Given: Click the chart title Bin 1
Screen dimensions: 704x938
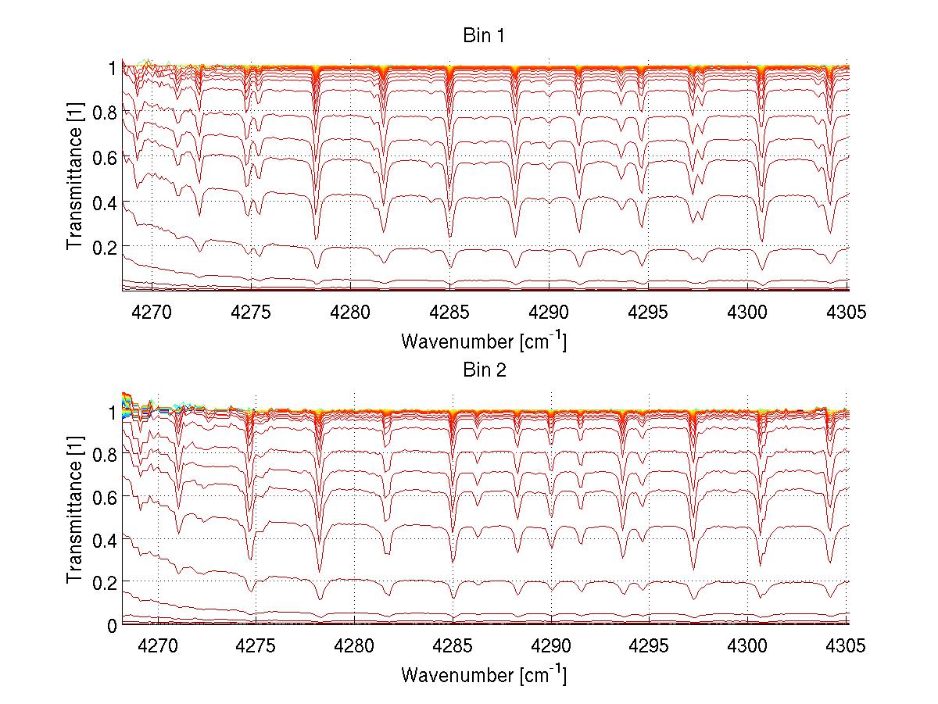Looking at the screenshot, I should (x=483, y=35).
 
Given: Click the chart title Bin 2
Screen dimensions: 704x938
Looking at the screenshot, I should (x=483, y=370).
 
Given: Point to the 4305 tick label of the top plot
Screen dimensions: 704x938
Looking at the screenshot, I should (x=847, y=313).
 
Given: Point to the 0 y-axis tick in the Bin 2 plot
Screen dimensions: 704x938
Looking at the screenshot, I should (x=112, y=625).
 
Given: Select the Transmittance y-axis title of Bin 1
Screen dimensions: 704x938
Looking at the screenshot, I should (x=75, y=179).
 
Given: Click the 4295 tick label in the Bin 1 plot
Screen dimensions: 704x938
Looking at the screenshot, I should (x=649, y=313).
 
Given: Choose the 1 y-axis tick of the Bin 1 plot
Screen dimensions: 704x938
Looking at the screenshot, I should (x=112, y=68).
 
